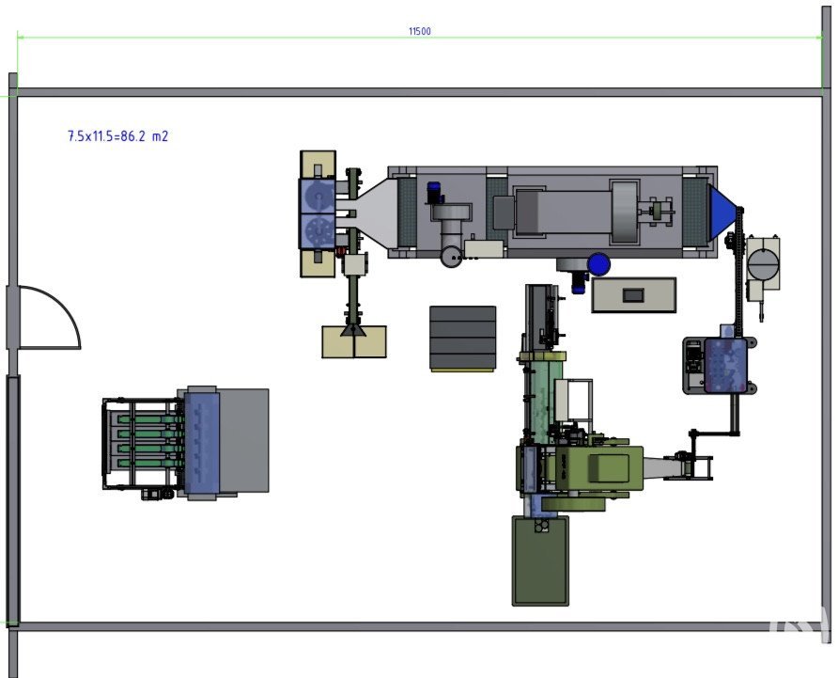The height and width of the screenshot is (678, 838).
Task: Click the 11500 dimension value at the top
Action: pyautogui.click(x=420, y=31)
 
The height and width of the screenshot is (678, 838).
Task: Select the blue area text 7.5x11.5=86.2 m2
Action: pyautogui.click(x=117, y=136)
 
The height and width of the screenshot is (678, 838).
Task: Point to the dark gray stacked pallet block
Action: pyautogui.click(x=462, y=338)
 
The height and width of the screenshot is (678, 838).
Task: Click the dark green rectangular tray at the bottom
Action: pyautogui.click(x=540, y=561)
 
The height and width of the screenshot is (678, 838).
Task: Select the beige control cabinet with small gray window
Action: pyautogui.click(x=633, y=295)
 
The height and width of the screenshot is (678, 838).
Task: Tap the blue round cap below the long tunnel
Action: pyautogui.click(x=598, y=264)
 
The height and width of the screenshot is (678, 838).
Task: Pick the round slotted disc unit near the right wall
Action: pyautogui.click(x=763, y=258)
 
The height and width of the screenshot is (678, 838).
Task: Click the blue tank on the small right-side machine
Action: pyautogui.click(x=725, y=366)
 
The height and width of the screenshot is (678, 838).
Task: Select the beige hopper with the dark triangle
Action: pyautogui.click(x=354, y=340)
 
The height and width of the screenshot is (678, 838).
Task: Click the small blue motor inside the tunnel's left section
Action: pyautogui.click(x=434, y=192)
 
